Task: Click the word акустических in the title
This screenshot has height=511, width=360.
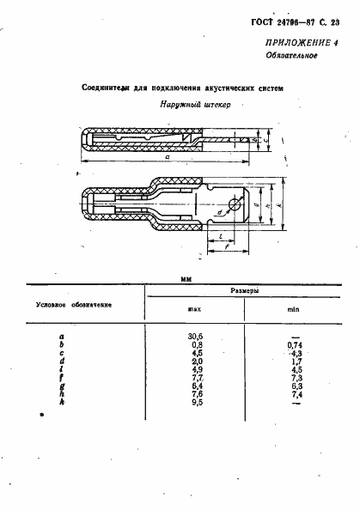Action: pyautogui.click(x=227, y=88)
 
